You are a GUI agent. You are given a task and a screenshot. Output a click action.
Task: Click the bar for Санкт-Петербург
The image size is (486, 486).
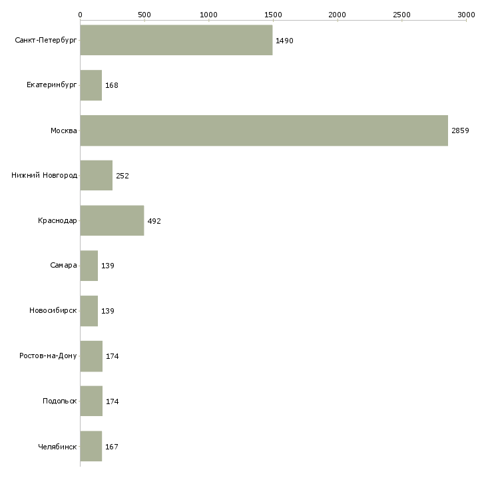pos(176,41)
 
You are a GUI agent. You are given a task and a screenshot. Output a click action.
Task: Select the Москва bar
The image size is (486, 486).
pos(264,130)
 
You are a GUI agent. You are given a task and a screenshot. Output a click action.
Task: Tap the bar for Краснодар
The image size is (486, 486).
pos(113,220)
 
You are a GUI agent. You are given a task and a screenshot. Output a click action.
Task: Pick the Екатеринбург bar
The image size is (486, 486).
pos(91,85)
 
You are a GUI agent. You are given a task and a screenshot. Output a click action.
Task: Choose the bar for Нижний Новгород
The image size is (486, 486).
pos(97,176)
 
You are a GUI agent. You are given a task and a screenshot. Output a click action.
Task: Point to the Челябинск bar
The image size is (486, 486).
pos(91,446)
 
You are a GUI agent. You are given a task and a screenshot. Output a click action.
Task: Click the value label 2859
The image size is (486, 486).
pos(460,130)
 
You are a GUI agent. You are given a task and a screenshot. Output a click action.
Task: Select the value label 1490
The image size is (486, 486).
pos(284,41)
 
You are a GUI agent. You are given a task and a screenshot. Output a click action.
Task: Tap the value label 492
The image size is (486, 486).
pos(154,221)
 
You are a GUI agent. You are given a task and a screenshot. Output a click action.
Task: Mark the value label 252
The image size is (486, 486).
pos(122,176)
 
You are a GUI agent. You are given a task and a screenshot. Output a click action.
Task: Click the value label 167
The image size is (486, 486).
pos(112,447)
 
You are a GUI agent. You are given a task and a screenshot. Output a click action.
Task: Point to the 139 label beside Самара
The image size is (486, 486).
pos(108,266)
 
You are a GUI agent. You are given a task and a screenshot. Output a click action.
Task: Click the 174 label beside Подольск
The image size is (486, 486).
pos(113,401)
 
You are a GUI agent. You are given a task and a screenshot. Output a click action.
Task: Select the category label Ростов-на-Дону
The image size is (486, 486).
pos(48,356)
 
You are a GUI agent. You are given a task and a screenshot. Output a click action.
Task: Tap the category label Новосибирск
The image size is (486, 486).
pos(53,310)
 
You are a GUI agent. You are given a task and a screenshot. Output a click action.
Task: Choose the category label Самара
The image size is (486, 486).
pos(63,266)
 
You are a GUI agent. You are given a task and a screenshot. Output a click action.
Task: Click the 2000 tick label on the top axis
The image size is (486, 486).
pos(338,15)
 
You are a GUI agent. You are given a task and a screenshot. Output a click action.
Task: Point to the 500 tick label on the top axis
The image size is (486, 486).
pos(144,15)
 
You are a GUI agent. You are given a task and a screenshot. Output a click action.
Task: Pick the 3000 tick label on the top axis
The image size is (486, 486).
pos(466,15)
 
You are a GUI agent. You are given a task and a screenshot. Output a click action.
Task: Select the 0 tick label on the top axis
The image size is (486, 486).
pos(81,15)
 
